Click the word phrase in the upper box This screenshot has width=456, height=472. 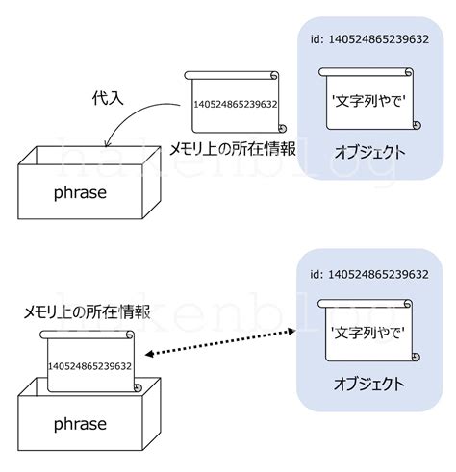(x=80, y=191)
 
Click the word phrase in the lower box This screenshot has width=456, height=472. (x=80, y=424)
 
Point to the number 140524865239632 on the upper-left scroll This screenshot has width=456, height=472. (x=235, y=104)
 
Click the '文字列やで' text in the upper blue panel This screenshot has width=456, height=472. (x=367, y=99)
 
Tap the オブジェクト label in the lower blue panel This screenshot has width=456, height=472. (x=369, y=385)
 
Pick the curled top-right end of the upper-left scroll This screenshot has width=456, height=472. (x=274, y=76)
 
